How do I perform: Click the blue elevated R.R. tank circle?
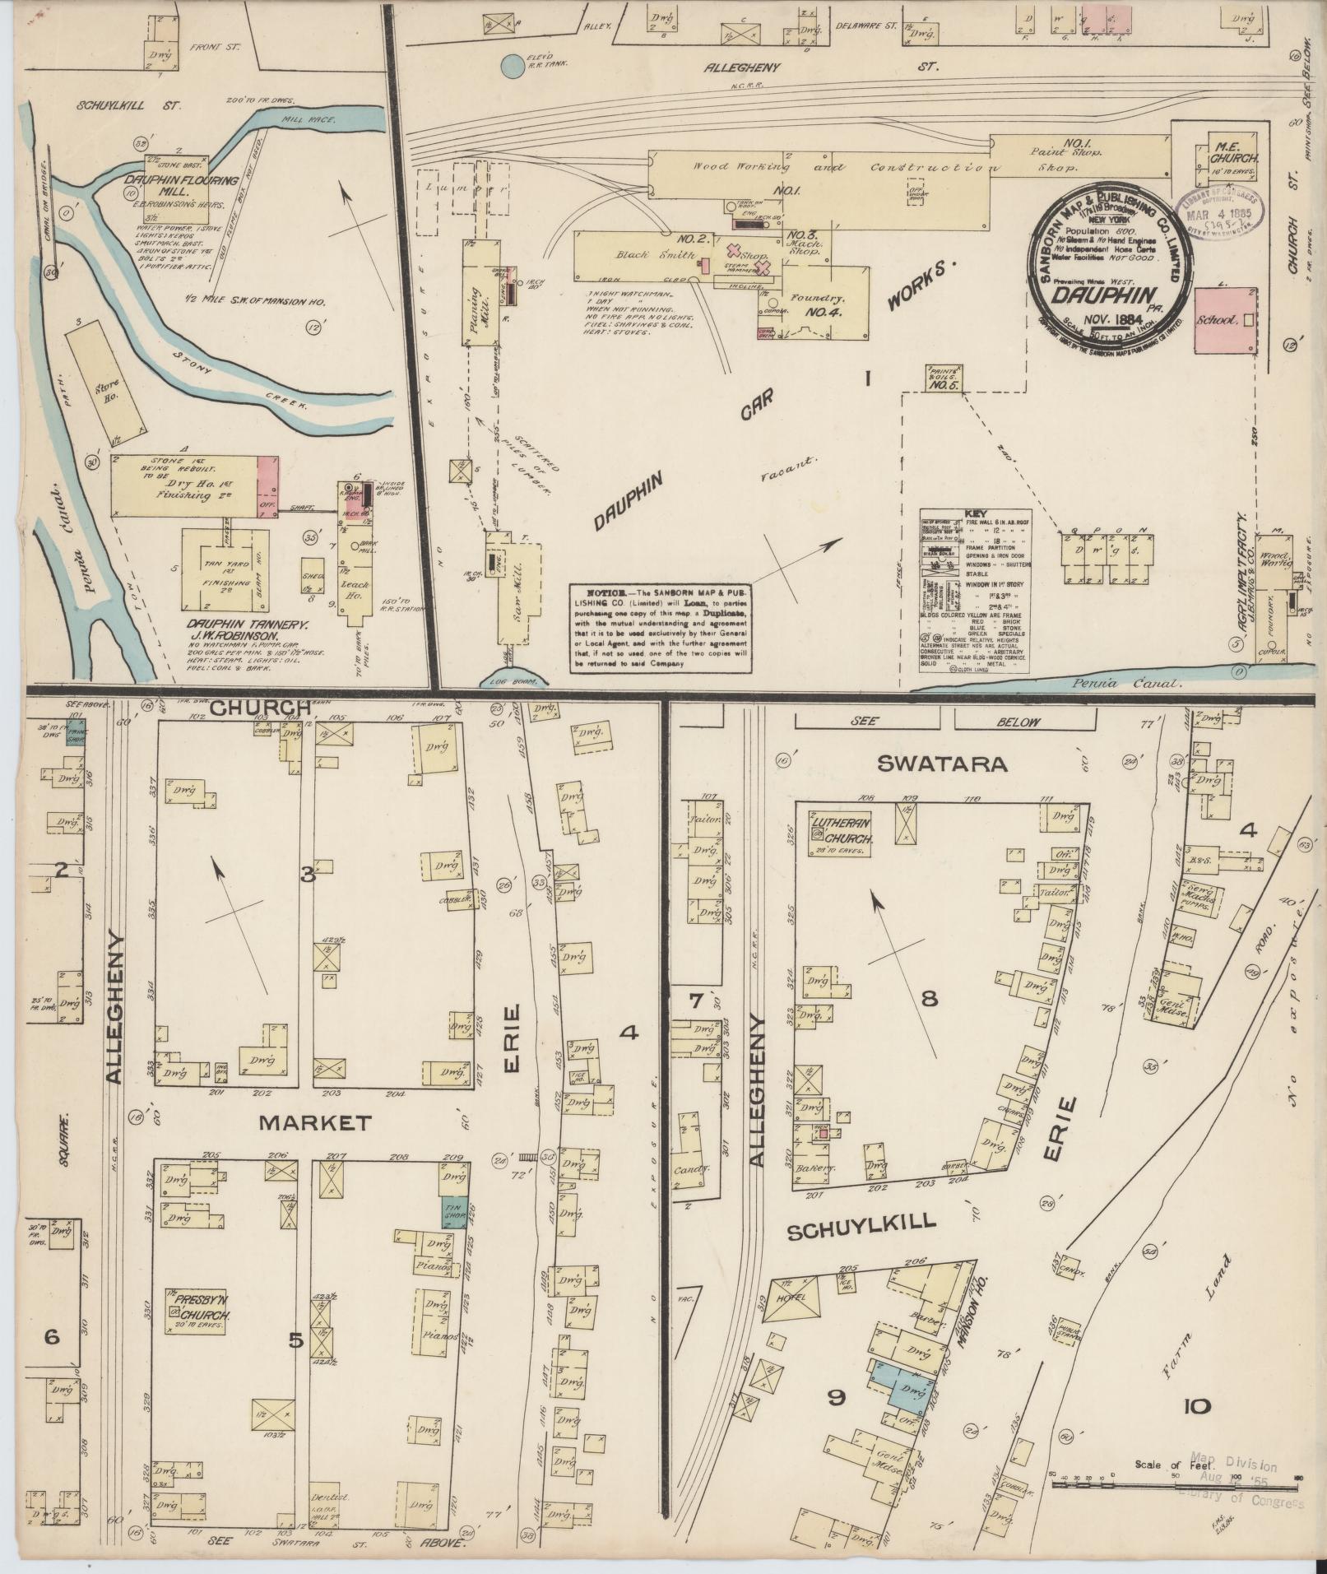513,67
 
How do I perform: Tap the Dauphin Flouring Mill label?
182,185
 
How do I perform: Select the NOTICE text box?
662,628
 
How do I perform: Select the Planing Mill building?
483,292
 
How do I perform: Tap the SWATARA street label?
942,764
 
